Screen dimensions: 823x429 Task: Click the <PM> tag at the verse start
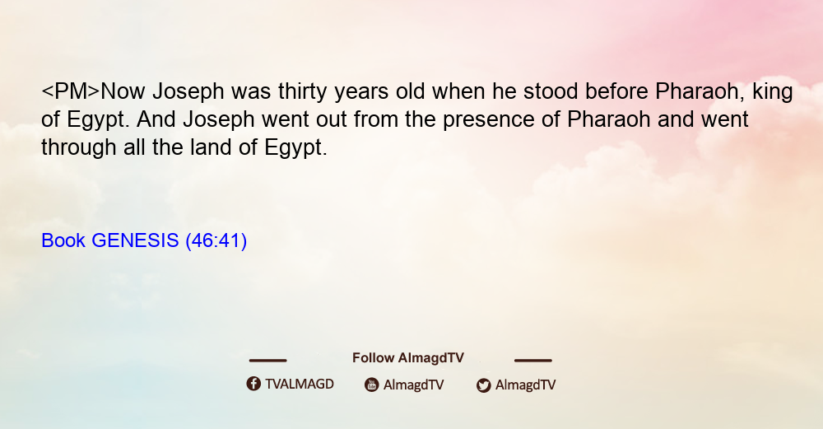(70, 91)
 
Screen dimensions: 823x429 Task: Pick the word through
(79, 148)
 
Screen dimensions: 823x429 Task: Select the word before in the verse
(616, 91)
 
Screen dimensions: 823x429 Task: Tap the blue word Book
(63, 240)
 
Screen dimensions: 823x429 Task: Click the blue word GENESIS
(135, 240)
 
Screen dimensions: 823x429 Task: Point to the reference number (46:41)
(216, 241)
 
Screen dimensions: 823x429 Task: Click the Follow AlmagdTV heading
(408, 358)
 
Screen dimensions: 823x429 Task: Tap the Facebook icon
(253, 384)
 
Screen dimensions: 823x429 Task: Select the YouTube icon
(372, 385)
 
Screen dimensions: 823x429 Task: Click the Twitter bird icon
(483, 385)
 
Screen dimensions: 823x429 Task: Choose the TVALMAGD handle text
(300, 385)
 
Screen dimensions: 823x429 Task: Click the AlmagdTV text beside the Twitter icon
(525, 385)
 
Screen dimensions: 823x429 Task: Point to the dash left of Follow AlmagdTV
(267, 360)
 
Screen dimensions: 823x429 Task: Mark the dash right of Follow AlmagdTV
(533, 360)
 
